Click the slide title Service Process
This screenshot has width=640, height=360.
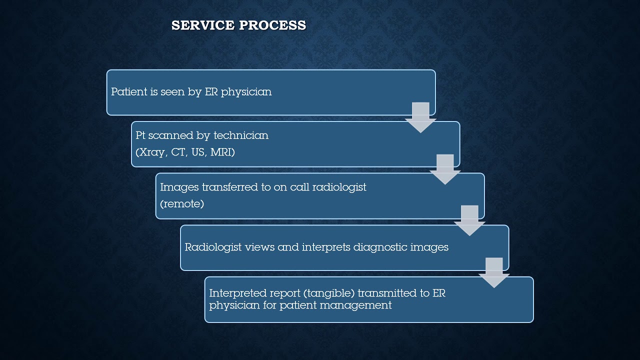point(238,25)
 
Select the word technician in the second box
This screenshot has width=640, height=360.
point(241,135)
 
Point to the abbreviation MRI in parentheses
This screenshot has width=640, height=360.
point(222,152)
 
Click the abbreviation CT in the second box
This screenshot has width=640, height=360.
point(178,152)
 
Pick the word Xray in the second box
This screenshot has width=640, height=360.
point(151,152)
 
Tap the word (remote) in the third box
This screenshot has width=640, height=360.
point(182,203)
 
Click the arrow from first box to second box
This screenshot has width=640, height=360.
point(420,117)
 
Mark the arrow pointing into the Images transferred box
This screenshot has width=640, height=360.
point(445,169)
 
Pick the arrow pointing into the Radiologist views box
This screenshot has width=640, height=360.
point(469,220)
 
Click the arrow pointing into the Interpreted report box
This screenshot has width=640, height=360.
point(494,272)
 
